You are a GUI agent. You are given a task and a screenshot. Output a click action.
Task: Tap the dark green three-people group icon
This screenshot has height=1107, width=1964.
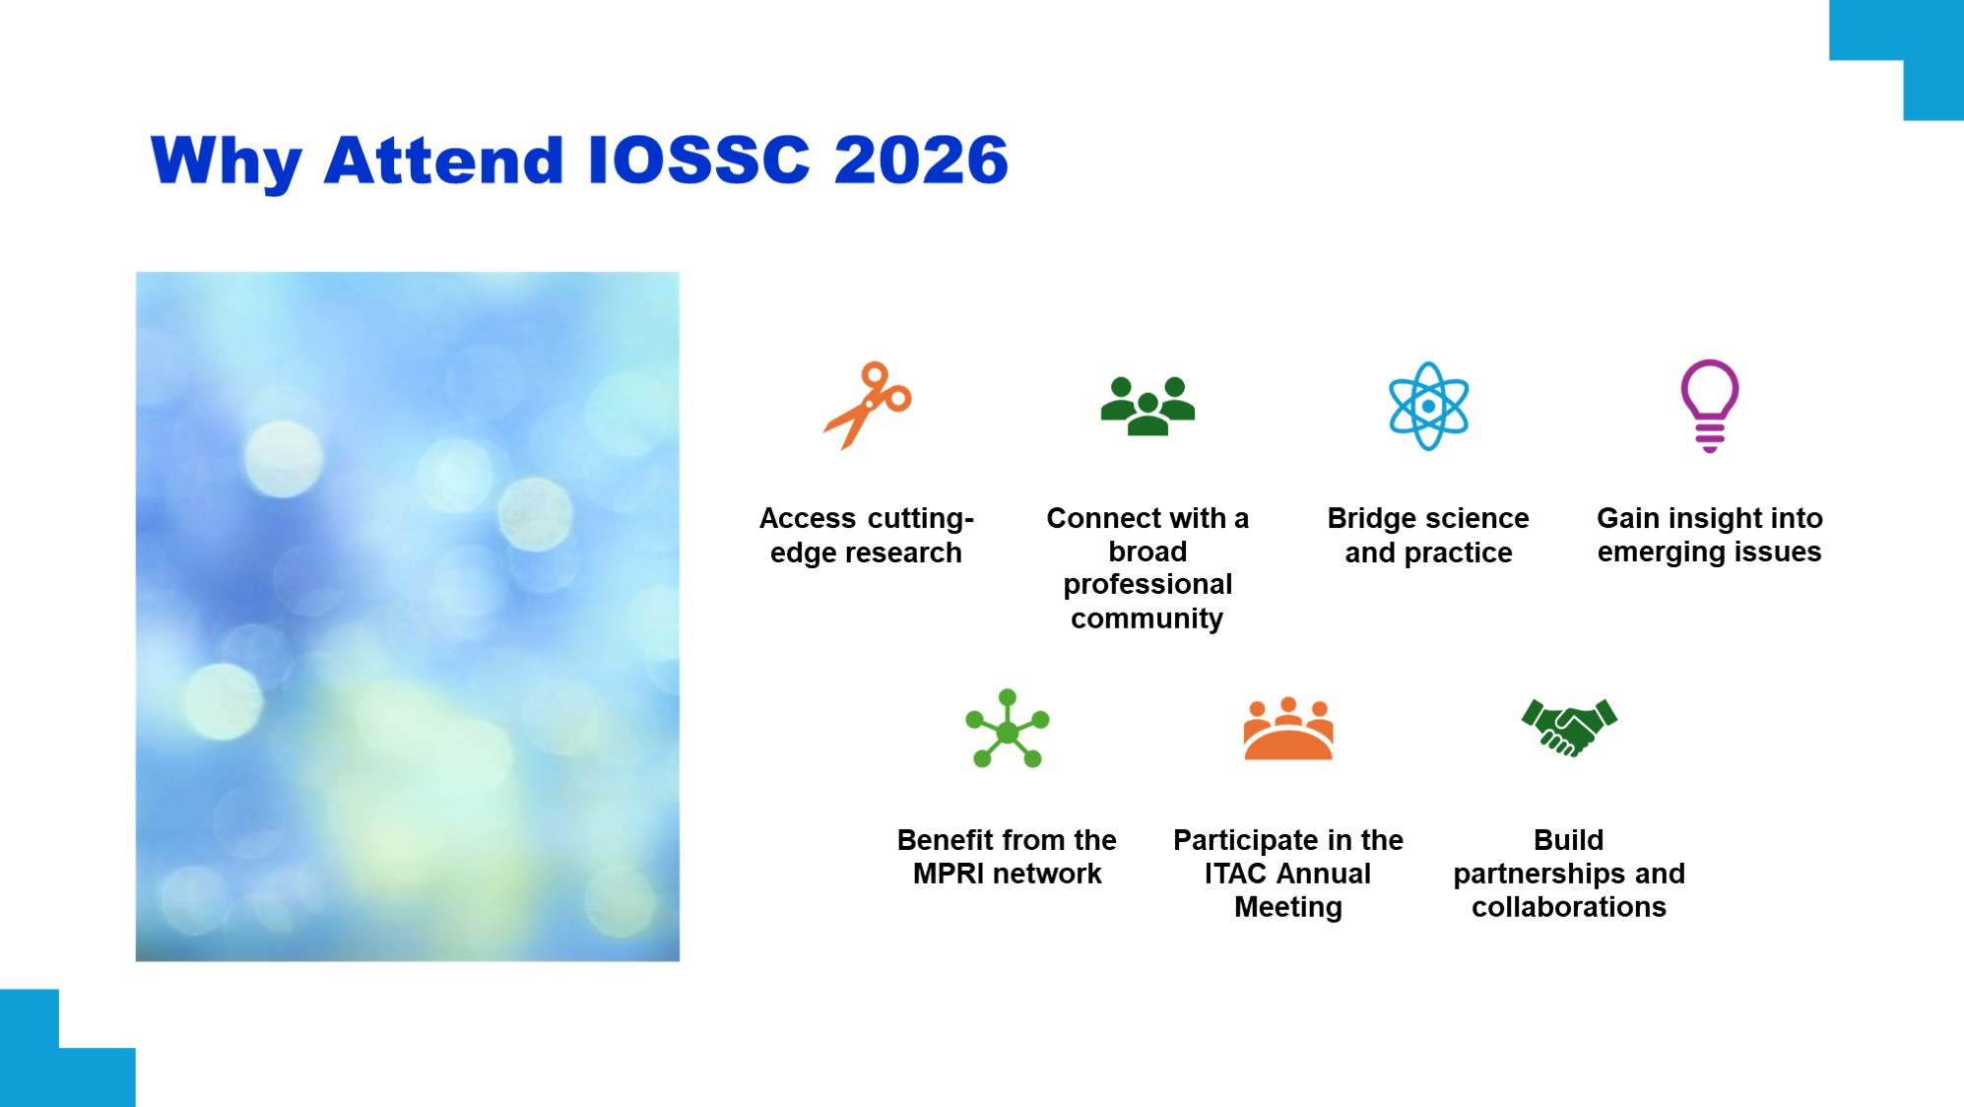pyautogui.click(x=1147, y=406)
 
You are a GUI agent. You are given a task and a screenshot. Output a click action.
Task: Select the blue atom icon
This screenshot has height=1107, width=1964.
pyautogui.click(x=1428, y=406)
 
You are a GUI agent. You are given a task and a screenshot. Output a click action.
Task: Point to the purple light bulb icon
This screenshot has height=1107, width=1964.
pyautogui.click(x=1710, y=406)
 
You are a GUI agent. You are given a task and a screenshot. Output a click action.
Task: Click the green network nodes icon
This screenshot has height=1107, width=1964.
pyautogui.click(x=1007, y=730)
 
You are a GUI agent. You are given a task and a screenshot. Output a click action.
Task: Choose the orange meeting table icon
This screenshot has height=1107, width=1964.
pyautogui.click(x=1288, y=729)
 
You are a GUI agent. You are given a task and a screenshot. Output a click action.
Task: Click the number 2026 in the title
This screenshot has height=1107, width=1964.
pyautogui.click(x=921, y=160)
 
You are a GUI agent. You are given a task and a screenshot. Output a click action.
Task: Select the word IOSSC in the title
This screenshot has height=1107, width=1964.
pyautogui.click(x=698, y=160)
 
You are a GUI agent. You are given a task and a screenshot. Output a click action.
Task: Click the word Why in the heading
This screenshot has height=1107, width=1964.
pyautogui.click(x=227, y=163)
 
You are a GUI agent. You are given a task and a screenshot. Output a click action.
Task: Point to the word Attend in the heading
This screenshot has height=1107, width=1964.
pyautogui.click(x=444, y=160)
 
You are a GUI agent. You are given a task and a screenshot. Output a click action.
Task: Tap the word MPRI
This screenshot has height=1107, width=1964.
pyautogui.click(x=949, y=874)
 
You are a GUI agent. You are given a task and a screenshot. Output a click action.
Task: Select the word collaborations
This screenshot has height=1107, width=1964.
pyautogui.click(x=1569, y=907)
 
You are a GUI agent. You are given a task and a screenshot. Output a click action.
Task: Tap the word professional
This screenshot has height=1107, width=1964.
pyautogui.click(x=1147, y=586)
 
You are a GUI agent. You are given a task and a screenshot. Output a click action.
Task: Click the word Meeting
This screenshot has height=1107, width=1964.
pyautogui.click(x=1288, y=908)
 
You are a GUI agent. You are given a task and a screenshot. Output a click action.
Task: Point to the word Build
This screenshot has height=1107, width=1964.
pyautogui.click(x=1569, y=840)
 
